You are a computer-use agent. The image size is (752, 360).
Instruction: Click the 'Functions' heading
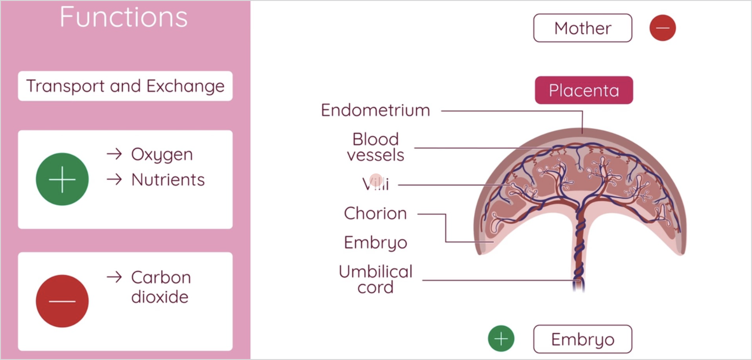[x=124, y=17]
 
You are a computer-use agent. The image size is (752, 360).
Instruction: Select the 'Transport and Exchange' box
[x=125, y=86]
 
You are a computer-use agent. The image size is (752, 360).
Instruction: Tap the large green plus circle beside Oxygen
[x=62, y=179]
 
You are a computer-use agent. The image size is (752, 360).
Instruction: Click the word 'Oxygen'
[x=162, y=155]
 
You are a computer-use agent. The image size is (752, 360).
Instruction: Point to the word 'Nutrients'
[x=168, y=180]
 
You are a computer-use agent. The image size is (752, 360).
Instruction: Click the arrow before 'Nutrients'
[x=114, y=179]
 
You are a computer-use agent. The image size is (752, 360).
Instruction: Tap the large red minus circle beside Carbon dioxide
[x=62, y=301]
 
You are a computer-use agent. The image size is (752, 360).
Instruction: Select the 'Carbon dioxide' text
[x=161, y=287]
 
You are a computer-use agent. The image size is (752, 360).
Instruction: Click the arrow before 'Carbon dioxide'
[x=114, y=277]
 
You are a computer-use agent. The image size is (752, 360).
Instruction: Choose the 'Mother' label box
[x=582, y=28]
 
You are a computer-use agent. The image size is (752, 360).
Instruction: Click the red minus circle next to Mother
[x=663, y=28]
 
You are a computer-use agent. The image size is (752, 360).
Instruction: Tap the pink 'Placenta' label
[x=584, y=90]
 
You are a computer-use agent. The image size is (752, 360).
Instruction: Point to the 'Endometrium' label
[x=375, y=110]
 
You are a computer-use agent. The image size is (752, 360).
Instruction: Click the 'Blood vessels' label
[x=376, y=147]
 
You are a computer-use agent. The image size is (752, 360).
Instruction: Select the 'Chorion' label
[x=375, y=213]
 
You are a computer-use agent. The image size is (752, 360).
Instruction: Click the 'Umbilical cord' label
[x=376, y=279]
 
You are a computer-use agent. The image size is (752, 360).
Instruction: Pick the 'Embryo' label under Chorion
[x=375, y=243]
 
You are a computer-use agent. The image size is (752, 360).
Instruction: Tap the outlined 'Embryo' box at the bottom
[x=582, y=339]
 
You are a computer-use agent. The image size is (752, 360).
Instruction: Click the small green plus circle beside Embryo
[x=501, y=338]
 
